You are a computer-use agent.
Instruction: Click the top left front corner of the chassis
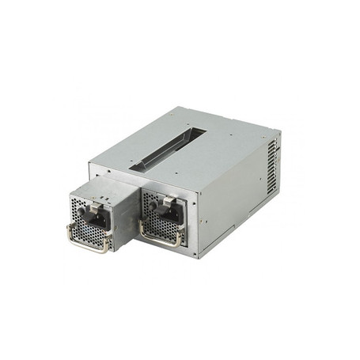coord(89,165)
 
